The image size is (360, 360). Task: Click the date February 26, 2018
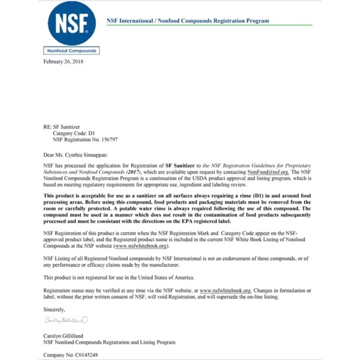[x=63, y=61]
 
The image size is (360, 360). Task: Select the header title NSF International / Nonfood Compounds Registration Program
[x=188, y=21]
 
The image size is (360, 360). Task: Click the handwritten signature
[x=66, y=320]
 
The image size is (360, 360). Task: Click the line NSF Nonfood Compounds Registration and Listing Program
[x=109, y=342]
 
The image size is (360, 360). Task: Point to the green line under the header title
[x=209, y=25]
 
